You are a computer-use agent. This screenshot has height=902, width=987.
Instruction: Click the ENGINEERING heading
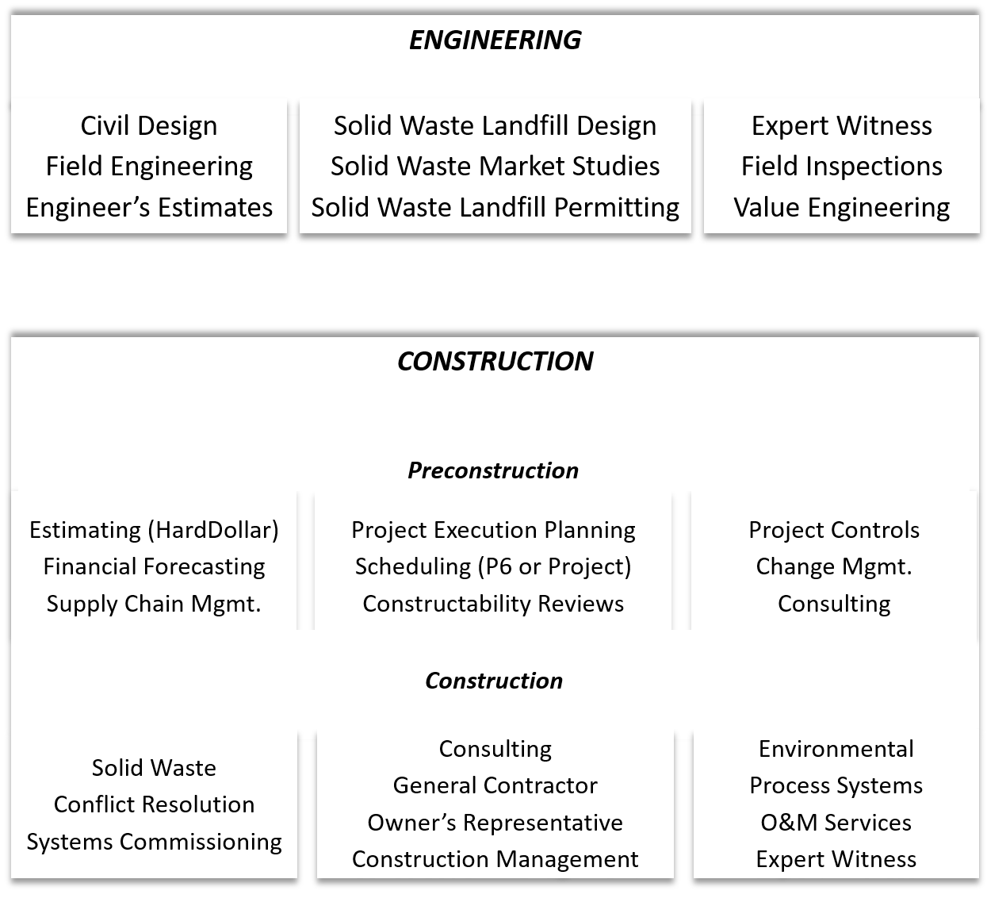pyautogui.click(x=495, y=40)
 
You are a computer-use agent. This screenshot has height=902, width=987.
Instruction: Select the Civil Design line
pyautogui.click(x=149, y=125)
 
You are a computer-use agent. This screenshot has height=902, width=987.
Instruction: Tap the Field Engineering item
pyautogui.click(x=149, y=167)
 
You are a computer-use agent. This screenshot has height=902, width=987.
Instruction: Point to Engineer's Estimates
pyautogui.click(x=149, y=208)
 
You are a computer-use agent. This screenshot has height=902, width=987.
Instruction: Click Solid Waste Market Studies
pyautogui.click(x=495, y=167)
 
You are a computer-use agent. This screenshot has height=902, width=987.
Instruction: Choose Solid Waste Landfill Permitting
pyautogui.click(x=495, y=208)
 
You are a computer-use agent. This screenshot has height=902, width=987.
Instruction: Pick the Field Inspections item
pyautogui.click(x=841, y=167)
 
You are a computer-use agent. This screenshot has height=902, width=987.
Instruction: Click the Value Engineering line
pyautogui.click(x=841, y=208)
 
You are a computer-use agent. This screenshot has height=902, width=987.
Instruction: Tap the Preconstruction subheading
pyautogui.click(x=493, y=470)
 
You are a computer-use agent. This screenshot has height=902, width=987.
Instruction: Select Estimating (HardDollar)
pyautogui.click(x=154, y=530)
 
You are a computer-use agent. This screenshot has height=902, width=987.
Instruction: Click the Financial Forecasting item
pyautogui.click(x=154, y=566)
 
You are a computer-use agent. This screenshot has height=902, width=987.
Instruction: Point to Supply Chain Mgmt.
pyautogui.click(x=154, y=604)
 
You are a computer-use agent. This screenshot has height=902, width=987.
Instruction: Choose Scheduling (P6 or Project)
pyautogui.click(x=493, y=566)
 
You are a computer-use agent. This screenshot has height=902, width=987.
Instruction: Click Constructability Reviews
pyautogui.click(x=493, y=604)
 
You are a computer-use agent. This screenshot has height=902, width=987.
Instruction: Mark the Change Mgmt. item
pyautogui.click(x=834, y=566)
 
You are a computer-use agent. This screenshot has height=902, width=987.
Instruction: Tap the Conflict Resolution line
pyautogui.click(x=154, y=804)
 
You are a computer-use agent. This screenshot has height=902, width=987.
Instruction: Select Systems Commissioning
pyautogui.click(x=154, y=842)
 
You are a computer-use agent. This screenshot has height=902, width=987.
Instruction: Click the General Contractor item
pyautogui.click(x=495, y=785)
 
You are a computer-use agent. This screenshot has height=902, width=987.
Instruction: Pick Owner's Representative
pyautogui.click(x=495, y=823)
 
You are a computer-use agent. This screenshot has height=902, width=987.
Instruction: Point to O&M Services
pyautogui.click(x=836, y=823)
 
